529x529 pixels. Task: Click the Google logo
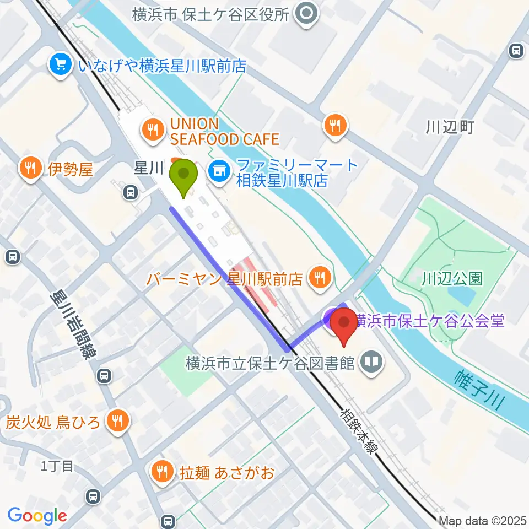37,516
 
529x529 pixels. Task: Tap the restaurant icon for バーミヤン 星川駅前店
319,276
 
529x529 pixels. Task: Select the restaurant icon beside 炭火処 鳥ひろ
117,422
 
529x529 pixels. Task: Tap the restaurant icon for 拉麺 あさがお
162,471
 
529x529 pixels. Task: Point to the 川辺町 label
450,128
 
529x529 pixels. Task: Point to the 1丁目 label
57,467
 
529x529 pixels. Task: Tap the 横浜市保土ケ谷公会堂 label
430,320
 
